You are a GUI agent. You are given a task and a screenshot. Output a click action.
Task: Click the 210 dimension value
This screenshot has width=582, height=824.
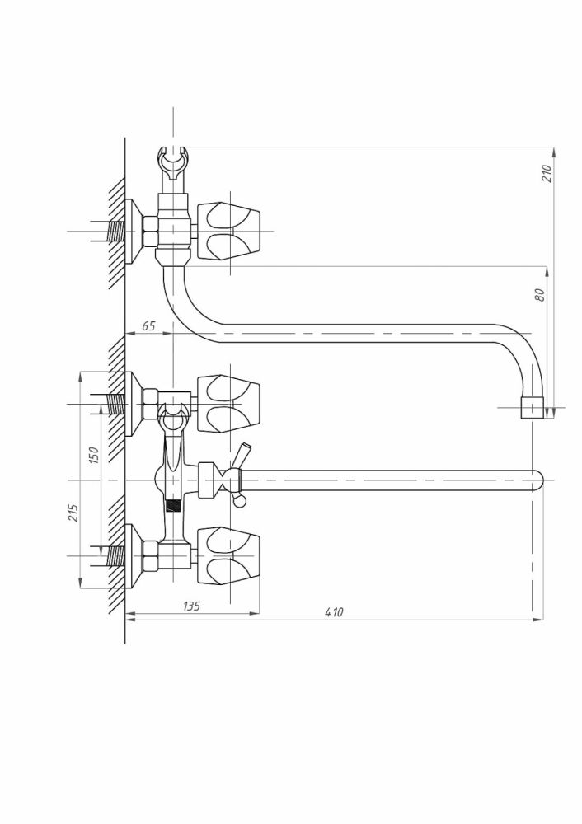tap(547, 173)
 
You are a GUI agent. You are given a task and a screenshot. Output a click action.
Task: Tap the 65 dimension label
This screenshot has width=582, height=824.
tap(148, 326)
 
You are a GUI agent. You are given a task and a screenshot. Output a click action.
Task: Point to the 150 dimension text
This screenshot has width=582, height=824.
tap(94, 455)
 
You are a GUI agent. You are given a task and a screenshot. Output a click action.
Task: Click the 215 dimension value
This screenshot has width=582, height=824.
tap(73, 513)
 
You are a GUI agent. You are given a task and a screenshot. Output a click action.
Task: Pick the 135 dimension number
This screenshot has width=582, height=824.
tap(191, 606)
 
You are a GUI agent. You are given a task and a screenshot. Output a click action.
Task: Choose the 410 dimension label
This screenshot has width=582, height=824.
tap(334, 612)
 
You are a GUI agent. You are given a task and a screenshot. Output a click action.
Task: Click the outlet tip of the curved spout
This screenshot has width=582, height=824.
tap(532, 408)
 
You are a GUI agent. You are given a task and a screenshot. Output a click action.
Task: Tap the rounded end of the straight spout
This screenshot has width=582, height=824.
tap(537, 480)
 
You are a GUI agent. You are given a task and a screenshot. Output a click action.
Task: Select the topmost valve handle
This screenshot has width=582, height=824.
tap(228, 231)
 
